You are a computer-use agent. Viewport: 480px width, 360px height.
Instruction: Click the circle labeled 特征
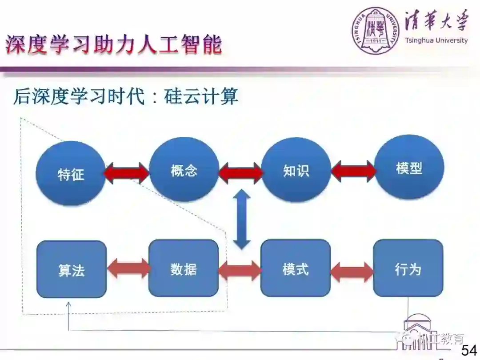click(71, 173)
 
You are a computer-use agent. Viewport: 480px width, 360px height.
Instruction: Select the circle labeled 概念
click(184, 170)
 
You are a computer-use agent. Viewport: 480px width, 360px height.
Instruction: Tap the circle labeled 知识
click(296, 170)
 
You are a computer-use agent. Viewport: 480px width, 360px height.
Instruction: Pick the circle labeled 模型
click(409, 168)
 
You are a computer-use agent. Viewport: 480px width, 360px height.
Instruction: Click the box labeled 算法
click(72, 269)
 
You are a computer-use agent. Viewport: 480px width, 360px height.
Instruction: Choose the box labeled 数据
click(184, 268)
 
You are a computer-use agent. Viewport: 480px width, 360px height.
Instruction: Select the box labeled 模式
click(296, 268)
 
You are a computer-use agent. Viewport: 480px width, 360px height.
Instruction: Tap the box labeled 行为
click(408, 268)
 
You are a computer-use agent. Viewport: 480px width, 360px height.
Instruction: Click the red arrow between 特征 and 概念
click(127, 173)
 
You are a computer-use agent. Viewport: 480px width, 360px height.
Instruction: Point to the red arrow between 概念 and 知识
click(240, 172)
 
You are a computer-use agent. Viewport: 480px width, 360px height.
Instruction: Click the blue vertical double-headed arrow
click(242, 219)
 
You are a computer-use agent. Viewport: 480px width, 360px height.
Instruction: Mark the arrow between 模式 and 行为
click(352, 272)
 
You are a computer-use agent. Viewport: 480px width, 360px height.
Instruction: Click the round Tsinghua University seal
click(376, 31)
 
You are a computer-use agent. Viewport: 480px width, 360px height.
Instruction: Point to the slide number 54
click(469, 350)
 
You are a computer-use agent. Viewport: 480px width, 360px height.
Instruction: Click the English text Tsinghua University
click(436, 40)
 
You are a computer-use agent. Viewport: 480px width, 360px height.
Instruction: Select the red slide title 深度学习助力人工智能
click(113, 45)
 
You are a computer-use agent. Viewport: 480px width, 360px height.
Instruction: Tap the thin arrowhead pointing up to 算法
click(68, 305)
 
